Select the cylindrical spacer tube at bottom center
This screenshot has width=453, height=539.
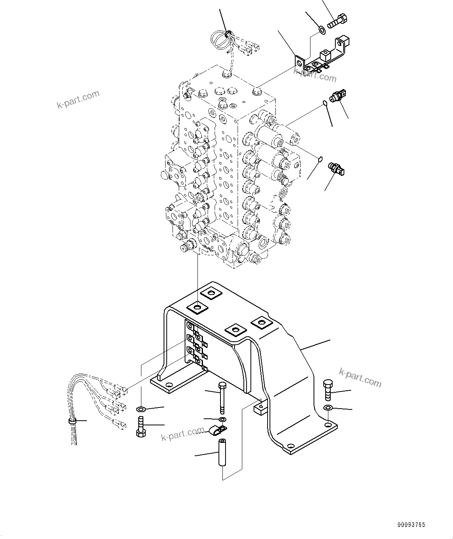pyautogui.click(x=222, y=452)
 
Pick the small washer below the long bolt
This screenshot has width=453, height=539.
pyautogui.click(x=222, y=419)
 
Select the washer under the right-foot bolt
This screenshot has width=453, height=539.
pyautogui.click(x=328, y=408)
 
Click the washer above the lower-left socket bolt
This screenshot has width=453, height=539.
pyautogui.click(x=141, y=409)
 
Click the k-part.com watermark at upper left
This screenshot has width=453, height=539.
pyautogui.click(x=78, y=100)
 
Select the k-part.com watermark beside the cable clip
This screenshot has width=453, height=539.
pyautogui.click(x=183, y=434)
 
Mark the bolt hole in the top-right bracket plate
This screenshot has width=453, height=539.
pyautogui.click(x=299, y=62)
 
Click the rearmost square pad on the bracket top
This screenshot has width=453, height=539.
pyautogui.click(x=211, y=293)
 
